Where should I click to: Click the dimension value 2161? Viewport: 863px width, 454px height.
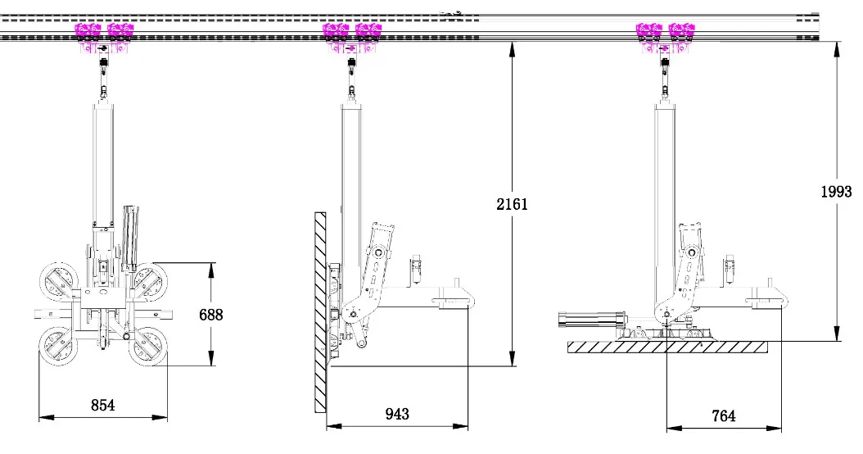(x=512, y=204)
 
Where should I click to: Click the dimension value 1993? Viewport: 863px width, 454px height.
(x=836, y=192)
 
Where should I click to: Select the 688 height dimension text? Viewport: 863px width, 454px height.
(x=210, y=314)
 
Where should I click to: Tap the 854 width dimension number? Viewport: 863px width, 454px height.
(x=102, y=405)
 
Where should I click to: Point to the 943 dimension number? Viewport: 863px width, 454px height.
(x=398, y=414)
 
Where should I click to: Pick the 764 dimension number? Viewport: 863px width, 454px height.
(x=723, y=415)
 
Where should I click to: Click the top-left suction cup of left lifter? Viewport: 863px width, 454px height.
(x=59, y=281)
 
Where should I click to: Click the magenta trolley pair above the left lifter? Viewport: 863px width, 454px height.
(x=103, y=33)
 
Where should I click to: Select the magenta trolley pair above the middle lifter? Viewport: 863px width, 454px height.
(x=352, y=33)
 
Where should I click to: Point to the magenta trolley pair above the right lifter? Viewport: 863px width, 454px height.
(x=664, y=33)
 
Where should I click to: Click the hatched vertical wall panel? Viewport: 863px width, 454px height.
(x=319, y=311)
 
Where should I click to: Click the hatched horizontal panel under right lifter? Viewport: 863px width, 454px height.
(x=667, y=347)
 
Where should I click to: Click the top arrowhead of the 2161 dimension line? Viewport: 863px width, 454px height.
(x=512, y=48)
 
